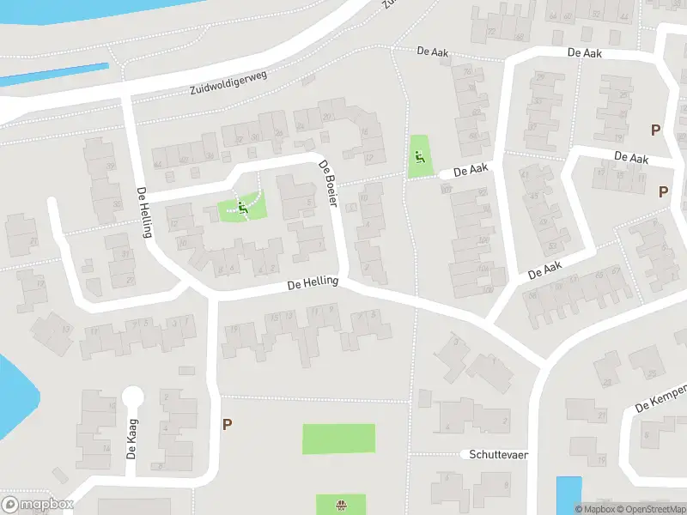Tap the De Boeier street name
pyautogui.click(x=331, y=183)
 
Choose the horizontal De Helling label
pyautogui.click(x=313, y=282)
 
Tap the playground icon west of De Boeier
pyautogui.click(x=242, y=207)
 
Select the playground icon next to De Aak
pyautogui.click(x=419, y=156)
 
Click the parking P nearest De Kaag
pyautogui.click(x=227, y=424)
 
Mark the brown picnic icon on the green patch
pyautogui.click(x=341, y=505)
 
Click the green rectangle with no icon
pyautogui.click(x=338, y=439)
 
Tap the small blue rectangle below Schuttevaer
pyautogui.click(x=568, y=493)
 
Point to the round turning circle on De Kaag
pyautogui.click(x=132, y=397)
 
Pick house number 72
pyautogui.click(x=491, y=32)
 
